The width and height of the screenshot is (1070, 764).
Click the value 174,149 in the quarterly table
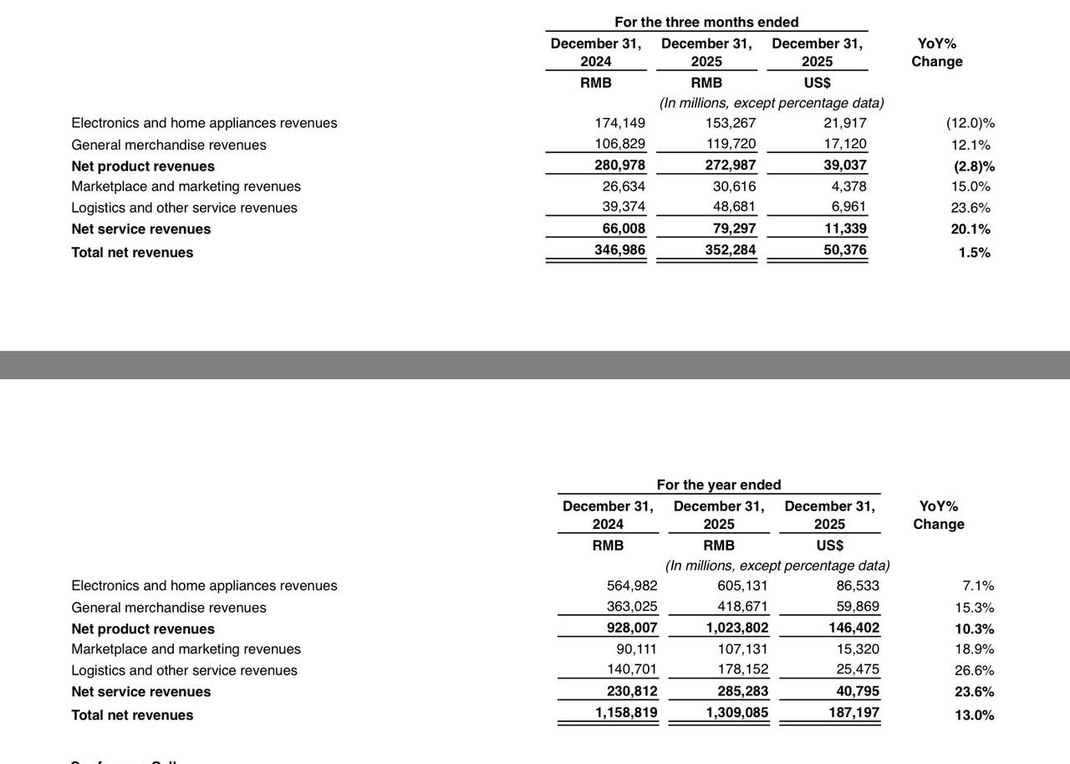tap(619, 123)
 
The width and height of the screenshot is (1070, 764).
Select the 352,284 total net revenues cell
tap(731, 250)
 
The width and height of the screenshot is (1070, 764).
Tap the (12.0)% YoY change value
tap(971, 123)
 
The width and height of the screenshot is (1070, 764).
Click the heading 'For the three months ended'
tap(706, 22)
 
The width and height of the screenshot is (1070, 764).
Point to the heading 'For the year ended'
tap(719, 485)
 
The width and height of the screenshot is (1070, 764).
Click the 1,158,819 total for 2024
tap(626, 713)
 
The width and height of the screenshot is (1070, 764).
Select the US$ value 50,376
tap(844, 250)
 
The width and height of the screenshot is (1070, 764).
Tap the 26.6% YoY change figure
tap(974, 670)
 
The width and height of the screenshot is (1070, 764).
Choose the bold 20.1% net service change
tap(971, 229)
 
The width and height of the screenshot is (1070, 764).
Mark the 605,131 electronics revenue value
tap(742, 586)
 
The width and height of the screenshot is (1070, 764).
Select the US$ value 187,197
tap(850, 713)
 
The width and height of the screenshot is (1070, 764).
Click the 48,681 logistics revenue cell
tap(734, 207)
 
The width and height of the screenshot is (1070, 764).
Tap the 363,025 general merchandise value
tap(632, 607)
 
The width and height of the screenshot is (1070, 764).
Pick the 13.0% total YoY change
tap(974, 715)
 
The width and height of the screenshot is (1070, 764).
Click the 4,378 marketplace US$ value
tap(848, 187)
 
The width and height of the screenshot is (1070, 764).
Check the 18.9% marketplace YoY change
tap(974, 649)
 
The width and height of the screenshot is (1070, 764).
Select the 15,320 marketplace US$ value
tap(858, 649)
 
